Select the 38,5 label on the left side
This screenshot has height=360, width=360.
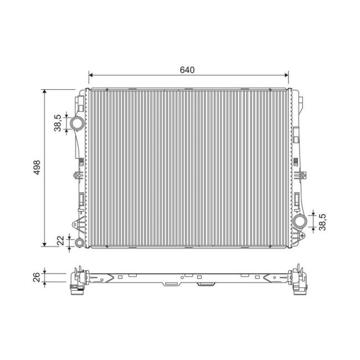point(57,123)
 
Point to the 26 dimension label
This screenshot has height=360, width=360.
point(37,277)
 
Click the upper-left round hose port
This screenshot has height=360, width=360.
point(77,122)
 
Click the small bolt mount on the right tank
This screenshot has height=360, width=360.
point(302,176)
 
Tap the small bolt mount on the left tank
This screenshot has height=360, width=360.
point(75,176)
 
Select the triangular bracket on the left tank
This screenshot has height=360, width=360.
point(75,223)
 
